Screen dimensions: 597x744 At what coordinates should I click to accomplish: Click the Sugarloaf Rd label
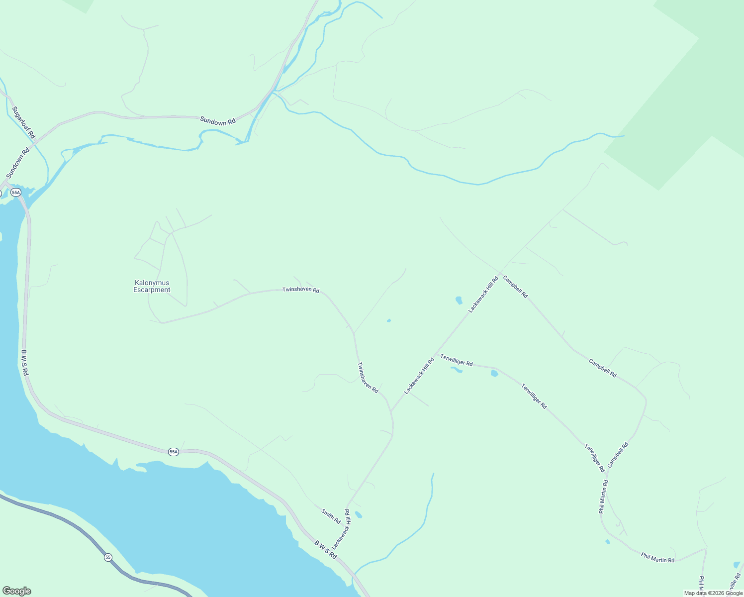click(x=24, y=122)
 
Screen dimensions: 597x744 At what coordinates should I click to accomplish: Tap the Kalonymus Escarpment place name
click(x=152, y=287)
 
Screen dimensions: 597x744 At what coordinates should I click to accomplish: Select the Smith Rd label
click(x=331, y=516)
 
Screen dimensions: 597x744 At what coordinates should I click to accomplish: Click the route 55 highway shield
click(x=108, y=557)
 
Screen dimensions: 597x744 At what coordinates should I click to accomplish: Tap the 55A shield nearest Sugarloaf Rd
click(x=16, y=192)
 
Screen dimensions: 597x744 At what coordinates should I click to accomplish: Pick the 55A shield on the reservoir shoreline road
click(x=173, y=452)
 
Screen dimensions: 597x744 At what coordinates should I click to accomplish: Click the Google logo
click(x=16, y=591)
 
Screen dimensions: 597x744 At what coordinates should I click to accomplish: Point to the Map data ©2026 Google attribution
click(x=713, y=593)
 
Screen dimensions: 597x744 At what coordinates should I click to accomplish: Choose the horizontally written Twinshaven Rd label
click(x=300, y=290)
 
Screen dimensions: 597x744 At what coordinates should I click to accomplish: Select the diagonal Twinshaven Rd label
click(x=368, y=377)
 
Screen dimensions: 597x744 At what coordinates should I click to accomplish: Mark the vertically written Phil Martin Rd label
click(x=603, y=497)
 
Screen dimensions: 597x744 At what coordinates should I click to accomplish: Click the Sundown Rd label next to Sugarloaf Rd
click(x=18, y=163)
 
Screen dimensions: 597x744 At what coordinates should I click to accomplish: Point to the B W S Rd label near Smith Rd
click(x=326, y=549)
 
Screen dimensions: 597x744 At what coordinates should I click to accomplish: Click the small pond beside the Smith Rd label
click(x=358, y=515)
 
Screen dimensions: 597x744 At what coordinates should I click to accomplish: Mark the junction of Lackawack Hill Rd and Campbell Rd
click(x=501, y=272)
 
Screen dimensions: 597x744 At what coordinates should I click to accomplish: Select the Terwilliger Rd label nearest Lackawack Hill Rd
click(x=456, y=360)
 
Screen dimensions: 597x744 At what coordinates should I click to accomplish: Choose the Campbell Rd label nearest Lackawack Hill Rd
click(x=515, y=287)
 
